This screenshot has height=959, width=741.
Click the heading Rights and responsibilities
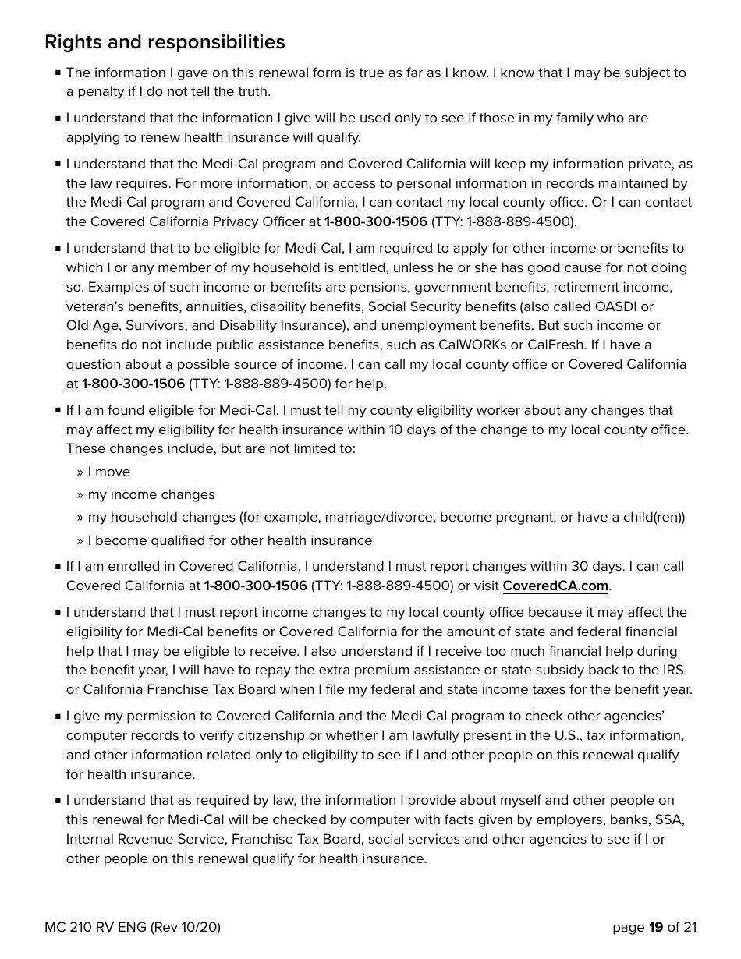[x=165, y=42]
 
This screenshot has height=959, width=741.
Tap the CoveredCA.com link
[x=555, y=586]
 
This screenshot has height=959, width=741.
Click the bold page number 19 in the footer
[x=655, y=927]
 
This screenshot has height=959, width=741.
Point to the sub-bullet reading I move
[x=108, y=472]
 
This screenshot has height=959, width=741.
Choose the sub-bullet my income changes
[x=151, y=495]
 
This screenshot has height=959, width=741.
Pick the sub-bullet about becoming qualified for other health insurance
[x=229, y=541]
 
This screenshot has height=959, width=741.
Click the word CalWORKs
[x=472, y=345]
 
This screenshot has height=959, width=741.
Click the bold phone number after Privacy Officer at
[x=375, y=222]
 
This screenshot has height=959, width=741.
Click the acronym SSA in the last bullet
[x=670, y=820]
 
